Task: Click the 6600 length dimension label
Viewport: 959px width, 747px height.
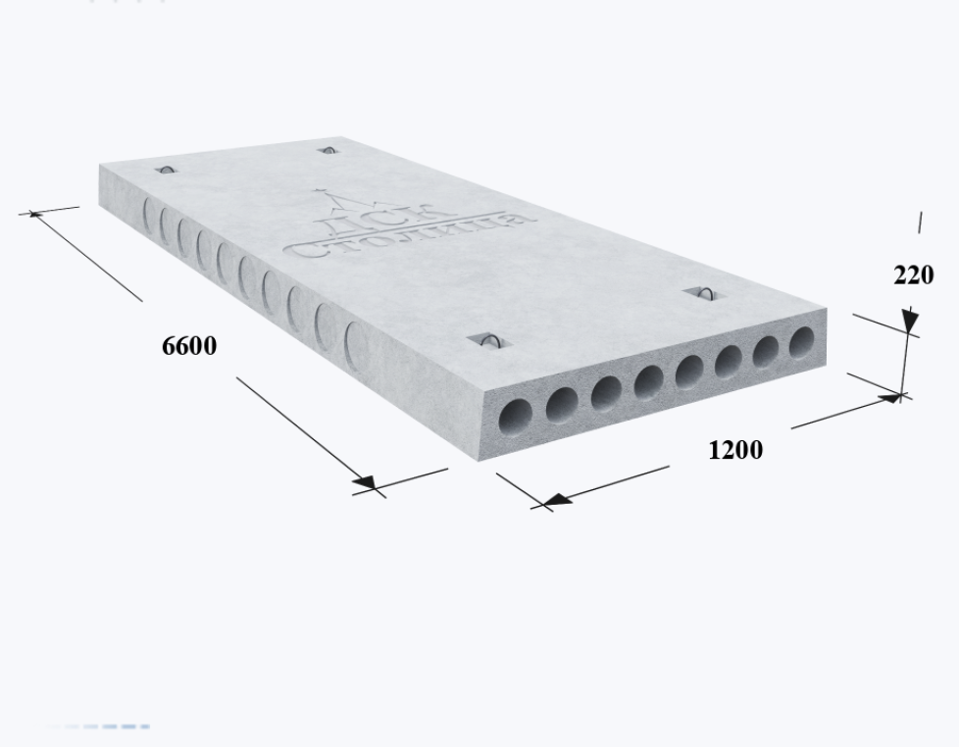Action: (189, 346)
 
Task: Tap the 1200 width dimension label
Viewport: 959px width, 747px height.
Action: (735, 451)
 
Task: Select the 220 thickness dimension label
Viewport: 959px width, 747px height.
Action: (914, 275)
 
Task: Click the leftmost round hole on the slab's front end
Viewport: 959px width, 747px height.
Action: (516, 418)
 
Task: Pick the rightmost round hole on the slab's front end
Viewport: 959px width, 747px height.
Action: (802, 342)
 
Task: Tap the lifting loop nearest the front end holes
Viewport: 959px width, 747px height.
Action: (489, 341)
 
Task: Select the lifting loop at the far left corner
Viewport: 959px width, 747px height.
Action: (166, 170)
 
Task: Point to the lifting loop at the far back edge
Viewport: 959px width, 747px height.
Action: (328, 150)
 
